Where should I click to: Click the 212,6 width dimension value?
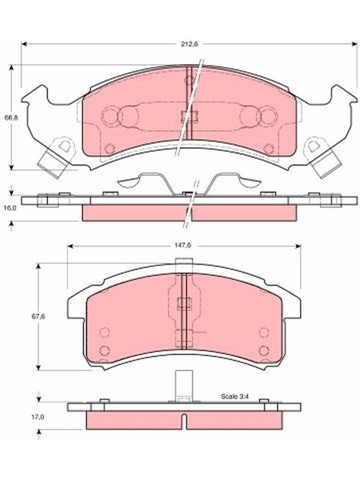[x=190, y=44]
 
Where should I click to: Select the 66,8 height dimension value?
[x=11, y=118]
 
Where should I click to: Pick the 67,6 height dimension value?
[x=38, y=317]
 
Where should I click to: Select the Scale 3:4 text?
[x=235, y=397]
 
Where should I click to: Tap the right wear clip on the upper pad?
[x=322, y=157]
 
